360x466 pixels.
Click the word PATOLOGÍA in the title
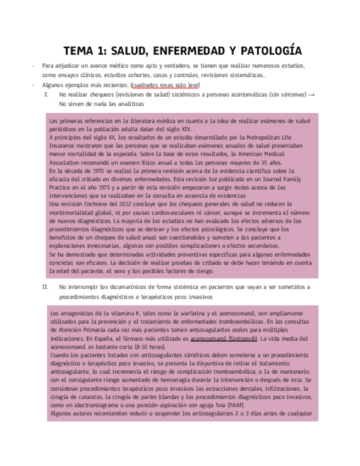coord(269,51)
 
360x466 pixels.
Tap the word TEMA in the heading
coord(79,51)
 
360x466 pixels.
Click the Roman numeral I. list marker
coord(46,95)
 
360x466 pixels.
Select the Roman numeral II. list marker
coord(46,287)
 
